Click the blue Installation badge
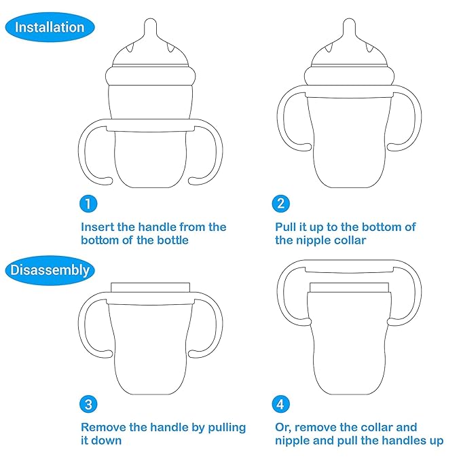[x=49, y=28]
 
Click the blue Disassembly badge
[x=50, y=270]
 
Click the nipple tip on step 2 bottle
[x=349, y=26]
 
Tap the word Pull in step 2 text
[x=287, y=227]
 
